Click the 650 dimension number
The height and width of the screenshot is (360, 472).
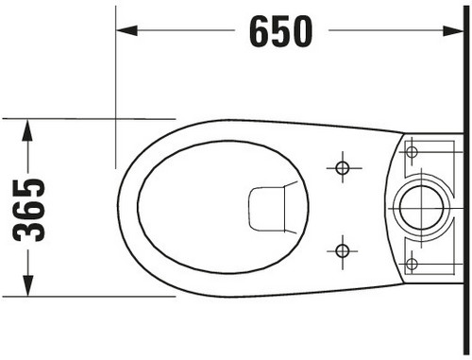point(281,31)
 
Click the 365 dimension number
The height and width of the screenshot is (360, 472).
point(28,210)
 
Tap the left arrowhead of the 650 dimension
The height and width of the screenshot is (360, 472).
point(126,30)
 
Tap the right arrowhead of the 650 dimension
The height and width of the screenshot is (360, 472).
point(453,31)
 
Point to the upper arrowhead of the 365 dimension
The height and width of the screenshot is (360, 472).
point(27,130)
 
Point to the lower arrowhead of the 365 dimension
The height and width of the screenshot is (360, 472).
point(27,285)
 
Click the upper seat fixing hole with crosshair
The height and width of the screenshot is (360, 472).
point(343,167)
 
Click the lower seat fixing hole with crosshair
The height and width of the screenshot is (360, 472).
point(343,251)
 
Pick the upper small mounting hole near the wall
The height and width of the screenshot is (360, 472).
point(412,152)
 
